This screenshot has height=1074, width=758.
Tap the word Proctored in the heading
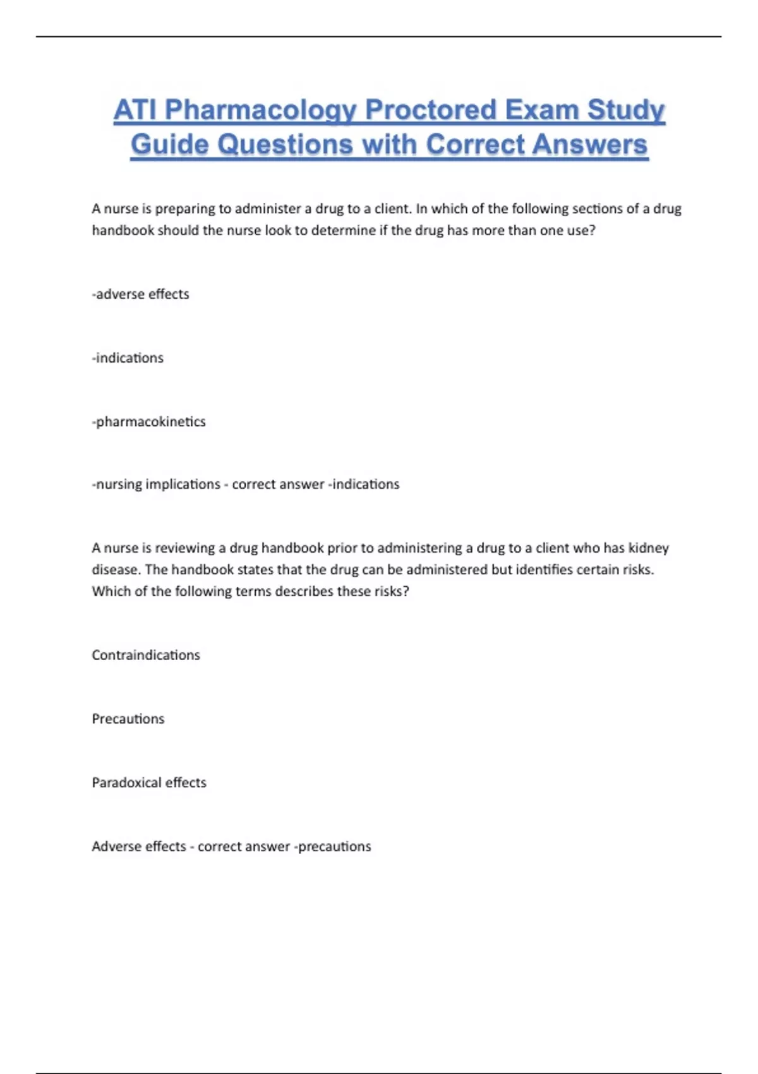(430, 111)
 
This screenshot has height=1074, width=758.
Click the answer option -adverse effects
(140, 294)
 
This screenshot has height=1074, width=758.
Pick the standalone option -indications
(128, 358)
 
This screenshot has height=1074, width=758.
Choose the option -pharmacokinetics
(149, 422)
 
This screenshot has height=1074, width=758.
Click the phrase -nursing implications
(156, 485)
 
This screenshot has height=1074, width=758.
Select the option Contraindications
(146, 655)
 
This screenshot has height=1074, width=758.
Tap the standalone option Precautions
(128, 719)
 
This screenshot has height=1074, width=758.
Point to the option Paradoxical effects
(149, 783)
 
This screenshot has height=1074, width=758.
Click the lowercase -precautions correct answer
(333, 847)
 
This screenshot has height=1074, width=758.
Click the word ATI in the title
(135, 111)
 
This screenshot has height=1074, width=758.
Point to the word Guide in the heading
(169, 145)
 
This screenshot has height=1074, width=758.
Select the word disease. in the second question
(116, 570)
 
